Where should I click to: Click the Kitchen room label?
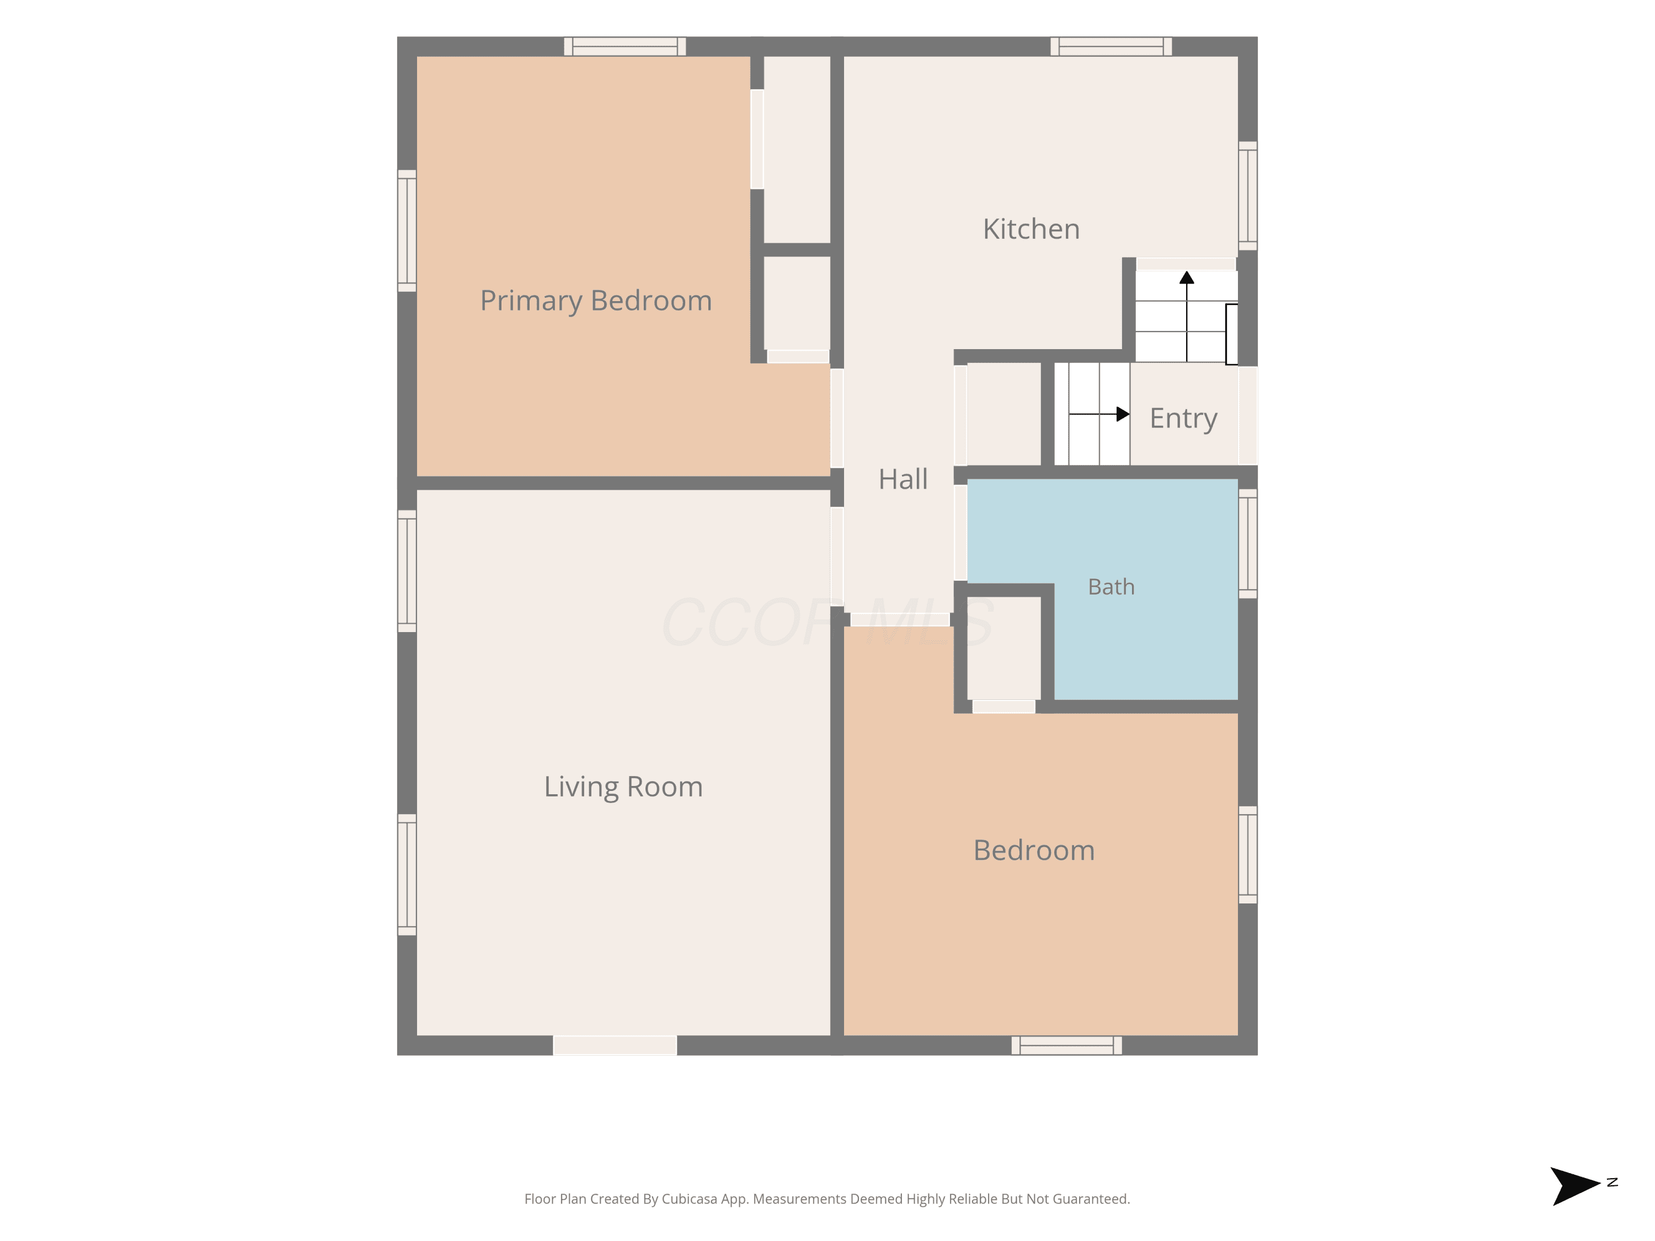(1031, 229)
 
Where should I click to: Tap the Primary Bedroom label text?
(596, 301)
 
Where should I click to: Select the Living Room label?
(623, 787)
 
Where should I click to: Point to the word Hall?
(903, 479)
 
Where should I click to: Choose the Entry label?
(1183, 418)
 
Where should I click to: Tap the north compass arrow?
(1574, 1186)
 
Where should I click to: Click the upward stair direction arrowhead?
(1187, 277)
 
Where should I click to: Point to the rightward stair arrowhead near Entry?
(1122, 414)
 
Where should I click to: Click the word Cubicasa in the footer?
(689, 1199)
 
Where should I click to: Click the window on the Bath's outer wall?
(1247, 544)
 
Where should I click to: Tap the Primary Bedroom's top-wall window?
(624, 46)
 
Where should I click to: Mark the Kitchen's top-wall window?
(1111, 46)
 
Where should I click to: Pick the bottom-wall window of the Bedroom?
(1066, 1045)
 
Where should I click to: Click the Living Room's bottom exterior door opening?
(615, 1045)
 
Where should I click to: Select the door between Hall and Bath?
(960, 533)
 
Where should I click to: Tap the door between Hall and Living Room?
(837, 557)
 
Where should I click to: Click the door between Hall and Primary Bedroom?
(837, 418)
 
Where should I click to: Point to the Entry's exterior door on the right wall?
(1247, 415)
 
